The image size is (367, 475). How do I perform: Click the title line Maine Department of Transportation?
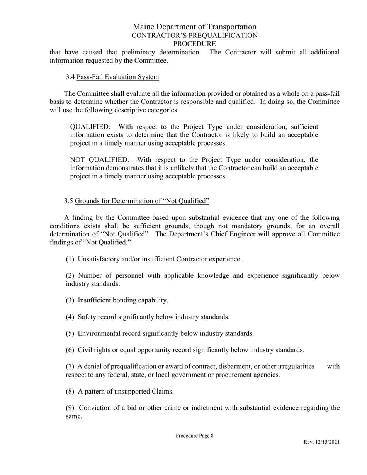pyautogui.click(x=194, y=27)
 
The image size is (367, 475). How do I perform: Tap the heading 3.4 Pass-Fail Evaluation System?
pyautogui.click(x=112, y=77)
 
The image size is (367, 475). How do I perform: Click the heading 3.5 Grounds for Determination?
pyautogui.click(x=136, y=201)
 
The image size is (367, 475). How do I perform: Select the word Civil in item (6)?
pyautogui.click(x=85, y=350)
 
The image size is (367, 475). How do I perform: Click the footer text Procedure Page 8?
pyautogui.click(x=194, y=436)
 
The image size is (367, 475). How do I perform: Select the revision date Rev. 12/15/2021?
pyautogui.click(x=321, y=442)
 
